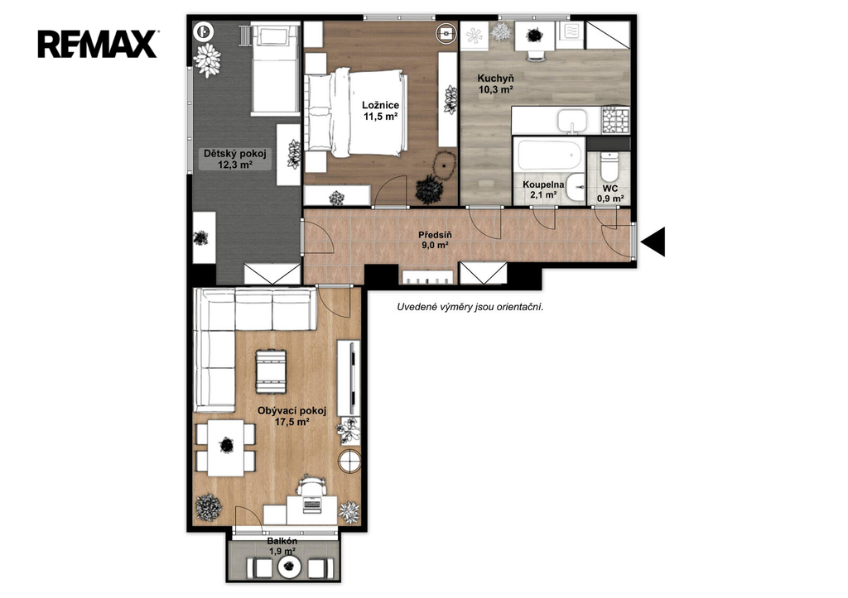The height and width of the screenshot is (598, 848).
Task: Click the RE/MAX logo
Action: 98,44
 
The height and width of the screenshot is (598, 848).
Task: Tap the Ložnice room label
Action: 381,110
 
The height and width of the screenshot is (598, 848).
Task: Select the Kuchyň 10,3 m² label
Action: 495,84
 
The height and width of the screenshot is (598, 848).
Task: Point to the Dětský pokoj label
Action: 235,159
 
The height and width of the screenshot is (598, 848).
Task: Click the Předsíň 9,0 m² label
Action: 435,240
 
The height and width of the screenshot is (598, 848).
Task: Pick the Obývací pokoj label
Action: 292,417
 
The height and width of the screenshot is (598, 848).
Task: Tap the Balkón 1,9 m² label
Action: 282,546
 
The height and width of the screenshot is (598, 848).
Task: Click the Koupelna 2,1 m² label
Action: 543,189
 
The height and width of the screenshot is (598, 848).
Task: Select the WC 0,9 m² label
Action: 610,194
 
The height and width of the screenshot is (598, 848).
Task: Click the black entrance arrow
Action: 653,241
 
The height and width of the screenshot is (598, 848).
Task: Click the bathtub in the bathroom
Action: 550,155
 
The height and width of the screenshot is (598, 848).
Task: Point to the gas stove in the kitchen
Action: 616,121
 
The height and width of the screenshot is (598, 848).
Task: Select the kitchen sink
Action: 572,121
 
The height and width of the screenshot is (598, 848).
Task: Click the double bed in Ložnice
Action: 355,111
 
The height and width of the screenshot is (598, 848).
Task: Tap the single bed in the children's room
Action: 275,69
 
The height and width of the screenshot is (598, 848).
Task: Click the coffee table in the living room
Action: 271,371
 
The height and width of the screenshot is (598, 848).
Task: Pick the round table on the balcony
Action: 289,566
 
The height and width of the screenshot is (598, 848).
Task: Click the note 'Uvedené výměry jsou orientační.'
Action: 470,308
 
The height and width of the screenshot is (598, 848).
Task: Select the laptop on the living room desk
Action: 311,505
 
